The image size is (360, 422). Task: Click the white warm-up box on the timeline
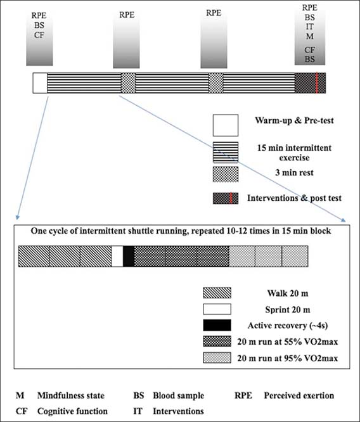click(x=40, y=83)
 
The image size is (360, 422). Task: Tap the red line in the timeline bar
click(x=317, y=83)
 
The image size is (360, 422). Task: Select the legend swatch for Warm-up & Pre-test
click(x=226, y=125)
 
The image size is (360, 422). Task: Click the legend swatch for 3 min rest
click(x=226, y=174)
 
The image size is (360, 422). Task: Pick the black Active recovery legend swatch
click(x=217, y=325)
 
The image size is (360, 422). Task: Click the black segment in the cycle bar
click(x=129, y=256)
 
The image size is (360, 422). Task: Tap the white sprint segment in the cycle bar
click(x=117, y=256)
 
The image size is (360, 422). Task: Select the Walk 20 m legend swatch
click(x=217, y=293)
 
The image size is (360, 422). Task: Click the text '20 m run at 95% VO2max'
click(x=287, y=358)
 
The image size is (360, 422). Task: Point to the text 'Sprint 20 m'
click(x=288, y=310)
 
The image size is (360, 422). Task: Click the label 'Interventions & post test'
click(x=294, y=198)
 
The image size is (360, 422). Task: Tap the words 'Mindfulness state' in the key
click(x=71, y=395)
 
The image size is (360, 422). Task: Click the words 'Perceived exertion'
click(x=299, y=395)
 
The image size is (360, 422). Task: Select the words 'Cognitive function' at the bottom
click(x=72, y=411)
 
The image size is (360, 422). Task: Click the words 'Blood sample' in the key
click(x=179, y=395)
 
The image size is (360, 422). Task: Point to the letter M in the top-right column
click(x=310, y=36)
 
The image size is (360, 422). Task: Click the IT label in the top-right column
click(x=310, y=27)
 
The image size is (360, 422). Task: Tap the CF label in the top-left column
click(x=39, y=35)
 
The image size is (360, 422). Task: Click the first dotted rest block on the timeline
click(x=128, y=83)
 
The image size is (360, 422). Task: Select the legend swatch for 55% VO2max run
click(x=217, y=342)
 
